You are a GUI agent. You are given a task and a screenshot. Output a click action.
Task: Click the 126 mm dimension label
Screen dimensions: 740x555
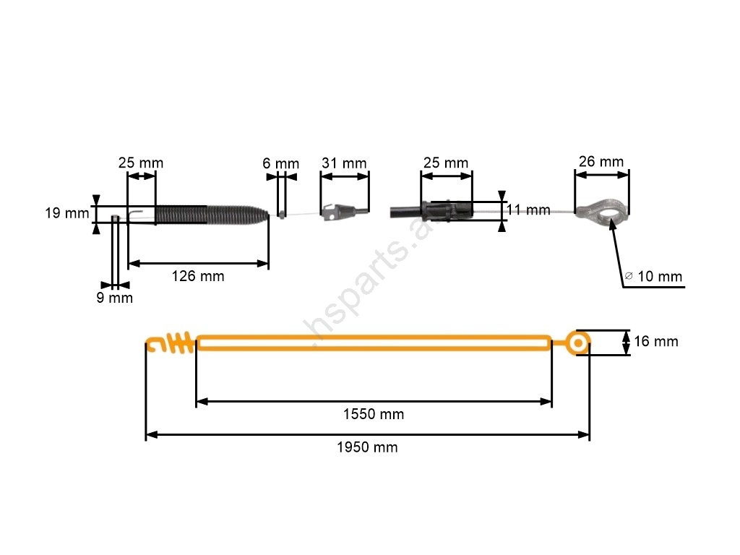(198, 276)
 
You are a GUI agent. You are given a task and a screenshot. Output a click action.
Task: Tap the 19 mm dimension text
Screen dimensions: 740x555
(67, 213)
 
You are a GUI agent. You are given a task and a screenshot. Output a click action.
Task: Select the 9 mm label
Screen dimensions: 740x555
(115, 298)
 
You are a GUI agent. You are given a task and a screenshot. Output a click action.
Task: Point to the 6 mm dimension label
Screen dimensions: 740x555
(281, 163)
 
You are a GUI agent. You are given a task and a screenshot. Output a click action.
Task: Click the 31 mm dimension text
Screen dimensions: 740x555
(344, 163)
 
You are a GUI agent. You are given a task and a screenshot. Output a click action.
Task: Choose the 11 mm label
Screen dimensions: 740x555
(528, 210)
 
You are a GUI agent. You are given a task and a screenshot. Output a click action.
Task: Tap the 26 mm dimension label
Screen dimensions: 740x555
(601, 161)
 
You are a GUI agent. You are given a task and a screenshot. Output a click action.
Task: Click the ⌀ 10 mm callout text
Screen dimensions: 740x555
(653, 276)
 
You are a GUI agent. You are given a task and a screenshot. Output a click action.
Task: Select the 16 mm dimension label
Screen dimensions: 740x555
(656, 341)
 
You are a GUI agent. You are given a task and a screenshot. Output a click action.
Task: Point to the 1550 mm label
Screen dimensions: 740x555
(374, 414)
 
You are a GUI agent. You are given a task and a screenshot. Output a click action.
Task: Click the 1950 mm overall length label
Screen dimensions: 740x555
(367, 447)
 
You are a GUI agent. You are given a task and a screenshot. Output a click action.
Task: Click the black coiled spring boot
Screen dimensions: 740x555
(212, 215)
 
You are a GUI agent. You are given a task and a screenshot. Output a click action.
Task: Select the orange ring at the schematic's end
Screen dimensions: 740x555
(577, 343)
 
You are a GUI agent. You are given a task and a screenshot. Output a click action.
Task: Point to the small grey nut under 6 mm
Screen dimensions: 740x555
(282, 215)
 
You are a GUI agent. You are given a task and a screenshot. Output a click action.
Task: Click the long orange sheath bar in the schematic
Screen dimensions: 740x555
(374, 343)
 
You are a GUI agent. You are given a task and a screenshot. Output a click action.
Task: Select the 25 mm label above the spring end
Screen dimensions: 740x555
(141, 163)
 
